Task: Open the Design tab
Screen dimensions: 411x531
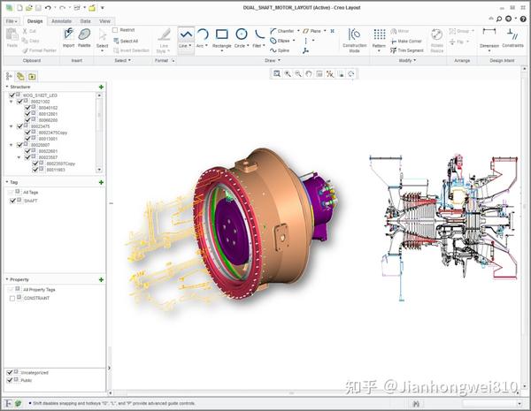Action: tap(35, 20)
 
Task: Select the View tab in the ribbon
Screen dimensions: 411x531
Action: tap(104, 20)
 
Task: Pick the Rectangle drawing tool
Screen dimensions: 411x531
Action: tap(220, 40)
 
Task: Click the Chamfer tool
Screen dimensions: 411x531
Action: tap(282, 30)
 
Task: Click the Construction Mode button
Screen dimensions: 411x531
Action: tap(354, 39)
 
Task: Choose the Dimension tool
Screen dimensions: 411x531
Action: tap(489, 38)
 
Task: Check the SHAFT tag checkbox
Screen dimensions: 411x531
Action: tap(12, 201)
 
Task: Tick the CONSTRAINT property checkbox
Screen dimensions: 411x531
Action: tap(12, 299)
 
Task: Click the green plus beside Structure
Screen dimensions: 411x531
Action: tap(101, 87)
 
